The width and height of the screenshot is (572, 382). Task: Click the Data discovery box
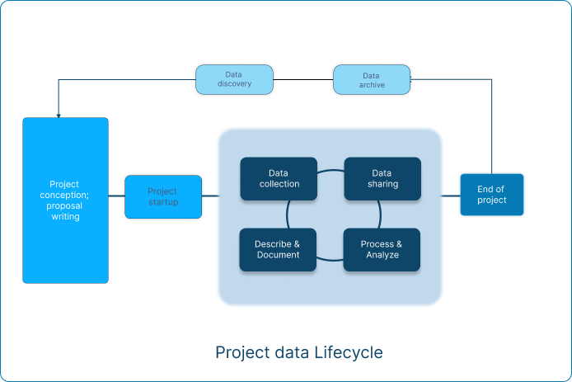coord(234,79)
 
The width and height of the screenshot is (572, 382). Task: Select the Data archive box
coord(372,79)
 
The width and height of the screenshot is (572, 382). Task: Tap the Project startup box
coord(163,197)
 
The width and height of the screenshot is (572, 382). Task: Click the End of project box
coord(492,195)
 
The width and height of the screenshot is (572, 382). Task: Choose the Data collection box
coord(279,178)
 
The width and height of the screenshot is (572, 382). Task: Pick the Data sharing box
coord(382,178)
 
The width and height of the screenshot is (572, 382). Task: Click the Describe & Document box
coord(278,250)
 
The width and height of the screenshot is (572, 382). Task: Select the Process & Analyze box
coord(382,250)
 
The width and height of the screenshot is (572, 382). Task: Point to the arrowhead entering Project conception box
coord(59,116)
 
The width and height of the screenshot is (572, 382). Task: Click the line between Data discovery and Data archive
coord(303,79)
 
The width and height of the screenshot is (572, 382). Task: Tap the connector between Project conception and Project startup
coord(117,196)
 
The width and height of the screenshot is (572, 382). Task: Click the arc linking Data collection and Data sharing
coord(331,170)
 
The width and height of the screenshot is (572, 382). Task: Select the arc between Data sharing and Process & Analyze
coord(380,215)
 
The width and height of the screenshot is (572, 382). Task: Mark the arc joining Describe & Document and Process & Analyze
coord(330,260)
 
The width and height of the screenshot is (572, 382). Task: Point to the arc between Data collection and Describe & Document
coord(288,215)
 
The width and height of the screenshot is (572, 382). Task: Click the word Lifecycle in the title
coord(349,353)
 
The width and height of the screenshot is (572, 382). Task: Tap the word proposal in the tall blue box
coord(64,206)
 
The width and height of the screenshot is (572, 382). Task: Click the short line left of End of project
coord(451,196)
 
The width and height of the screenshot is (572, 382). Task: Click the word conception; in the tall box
coord(64,195)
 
